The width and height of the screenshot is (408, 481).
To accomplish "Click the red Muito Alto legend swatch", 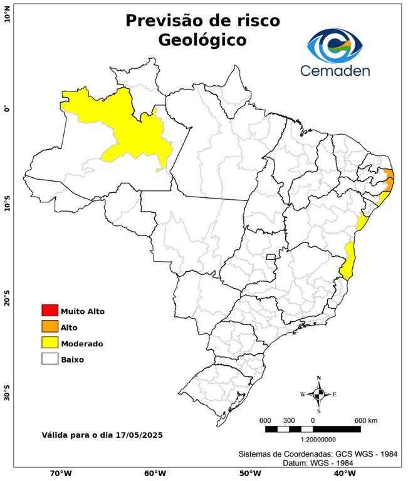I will tap(50, 310).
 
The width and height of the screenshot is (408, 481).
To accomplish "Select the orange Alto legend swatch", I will tap(50, 326).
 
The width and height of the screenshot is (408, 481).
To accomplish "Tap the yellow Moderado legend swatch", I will tap(50, 343).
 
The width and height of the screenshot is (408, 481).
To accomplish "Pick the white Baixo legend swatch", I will tap(50, 359).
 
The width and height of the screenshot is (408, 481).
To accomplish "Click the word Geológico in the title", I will tap(202, 39).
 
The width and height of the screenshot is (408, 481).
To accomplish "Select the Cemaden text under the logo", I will tap(335, 70).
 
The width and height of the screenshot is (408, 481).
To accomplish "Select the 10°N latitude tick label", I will tap(7, 14).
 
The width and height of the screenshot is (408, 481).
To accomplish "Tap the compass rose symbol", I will tap(318, 394).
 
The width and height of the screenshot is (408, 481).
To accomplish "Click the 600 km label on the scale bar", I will tap(365, 420).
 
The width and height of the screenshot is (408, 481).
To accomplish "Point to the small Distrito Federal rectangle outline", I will tap(271, 256).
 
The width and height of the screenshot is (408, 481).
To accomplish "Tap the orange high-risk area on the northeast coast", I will tap(389, 181).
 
